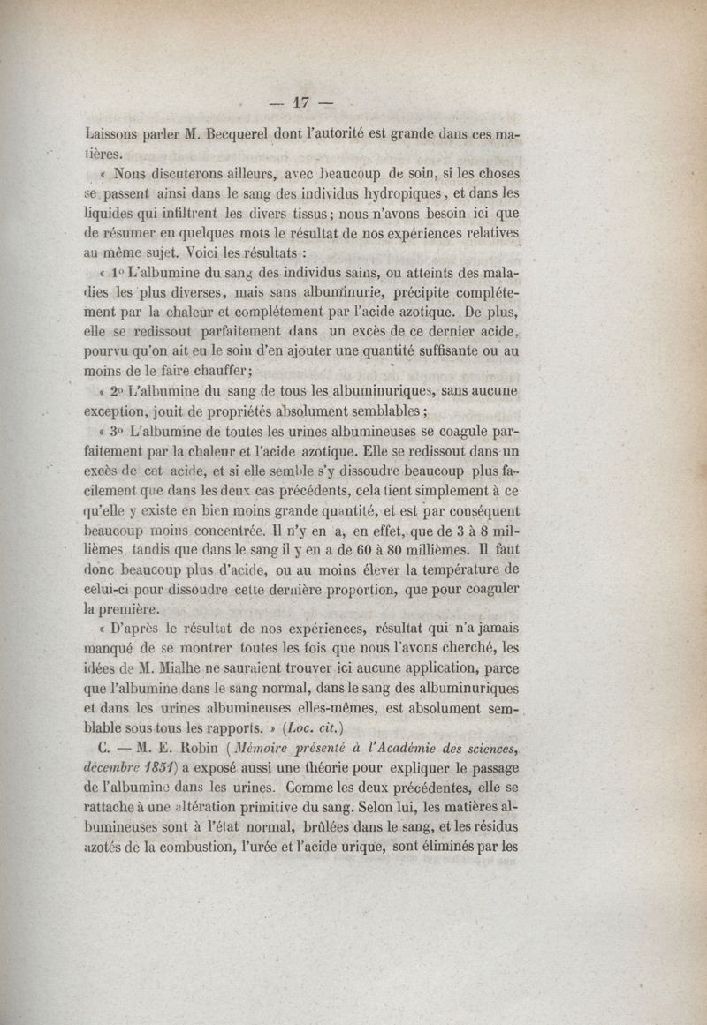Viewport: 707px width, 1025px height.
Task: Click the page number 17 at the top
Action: (x=303, y=102)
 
